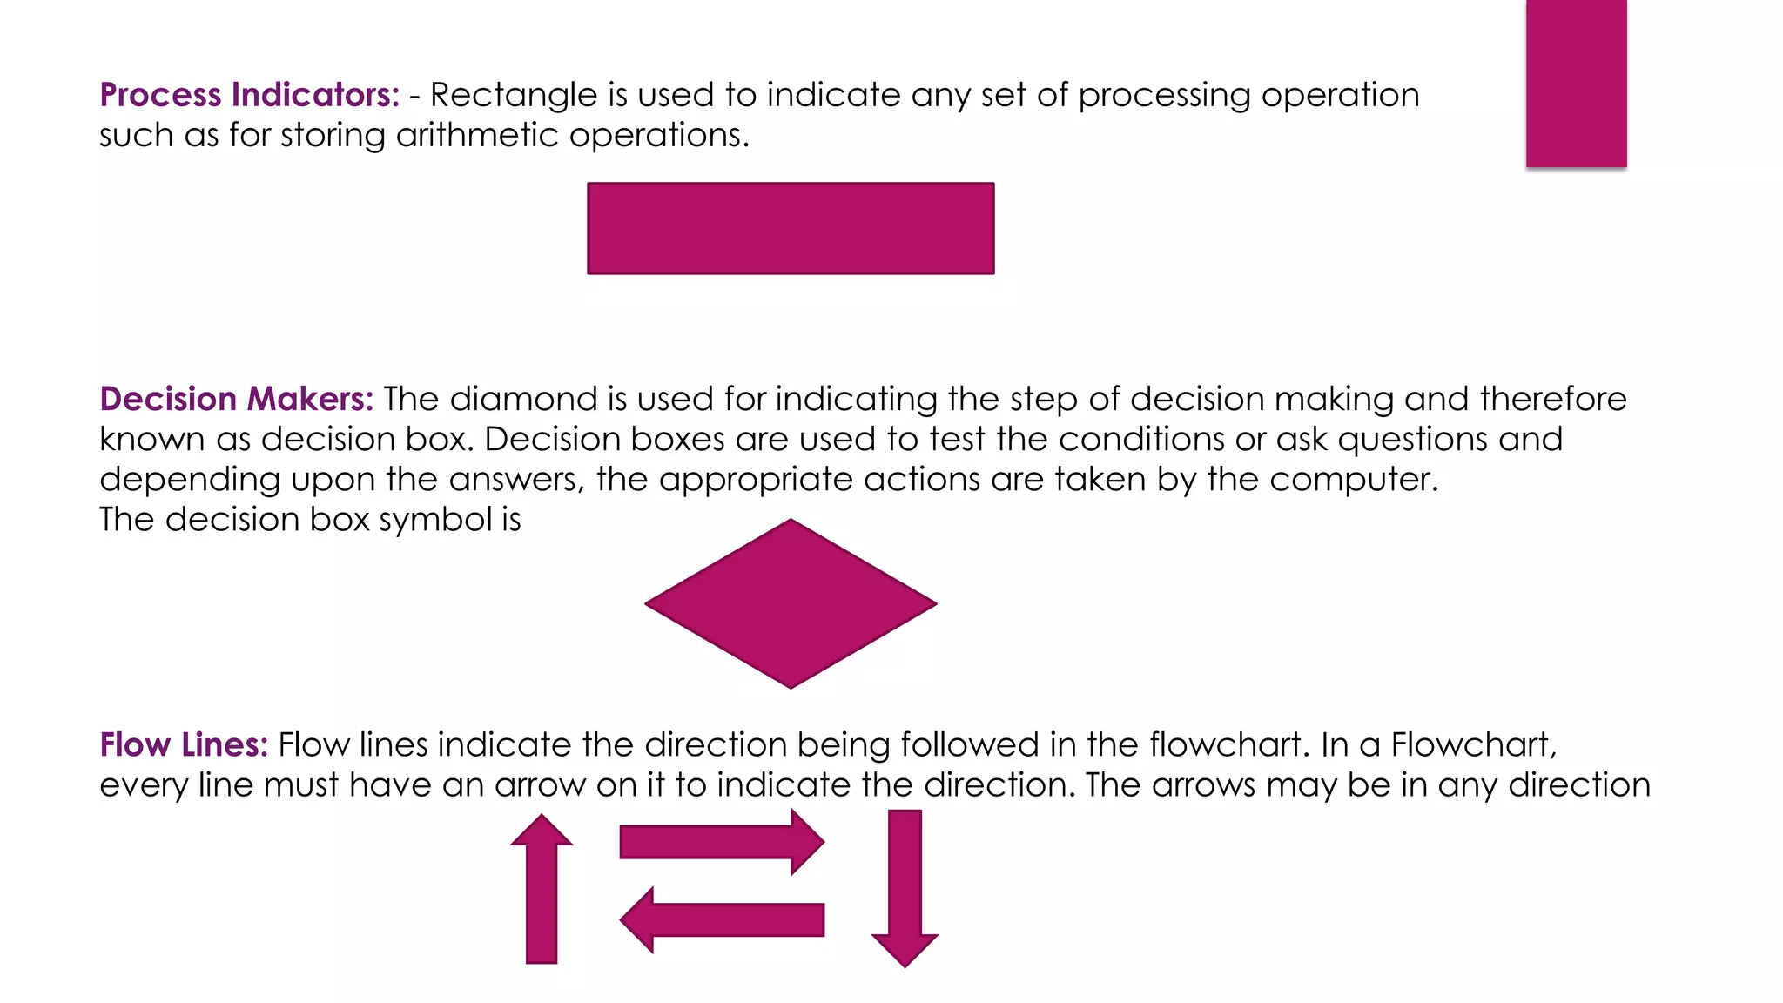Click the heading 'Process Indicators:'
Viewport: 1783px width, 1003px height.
[249, 95]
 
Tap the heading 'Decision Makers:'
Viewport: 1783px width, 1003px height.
[236, 399]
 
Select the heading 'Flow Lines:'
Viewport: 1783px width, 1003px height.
[184, 745]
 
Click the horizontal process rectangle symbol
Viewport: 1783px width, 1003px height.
[791, 229]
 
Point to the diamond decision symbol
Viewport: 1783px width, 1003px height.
[791, 604]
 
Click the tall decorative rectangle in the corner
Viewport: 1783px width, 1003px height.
[1576, 83]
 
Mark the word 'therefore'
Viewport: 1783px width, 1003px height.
[1553, 399]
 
